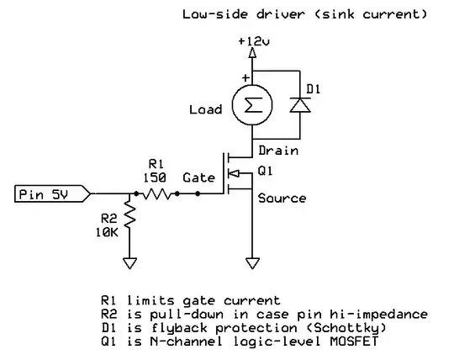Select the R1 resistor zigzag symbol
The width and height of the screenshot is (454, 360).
(x=158, y=194)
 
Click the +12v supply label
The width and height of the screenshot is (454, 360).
(x=253, y=40)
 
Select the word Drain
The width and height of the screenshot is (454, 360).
(x=278, y=151)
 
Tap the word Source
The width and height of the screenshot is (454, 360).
(x=282, y=199)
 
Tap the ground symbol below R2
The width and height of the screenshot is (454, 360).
(x=129, y=262)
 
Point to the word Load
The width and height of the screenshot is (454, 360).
(x=206, y=109)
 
